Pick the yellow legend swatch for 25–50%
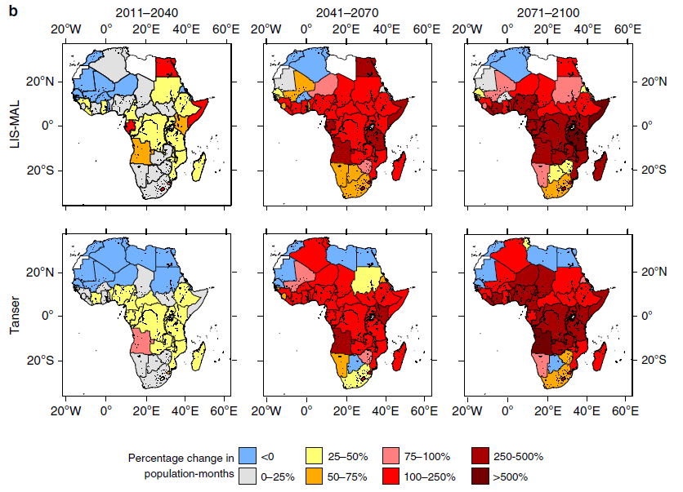click(x=314, y=457)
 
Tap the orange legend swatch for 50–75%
click(x=314, y=476)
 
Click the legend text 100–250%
click(x=435, y=476)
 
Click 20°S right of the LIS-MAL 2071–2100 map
click(x=649, y=169)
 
